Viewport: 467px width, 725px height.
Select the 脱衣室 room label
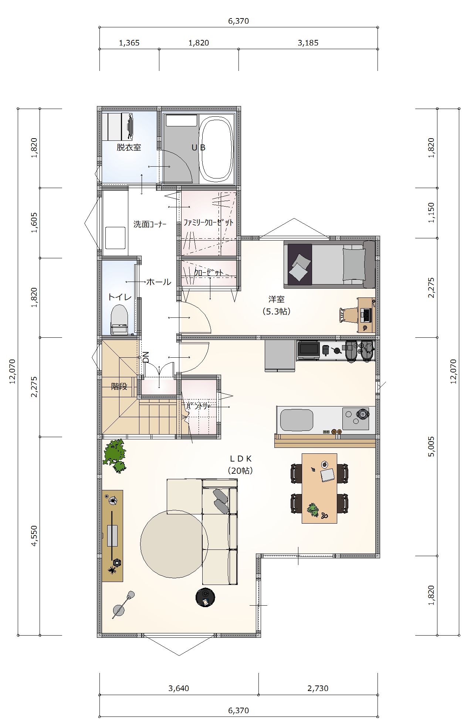coord(129,147)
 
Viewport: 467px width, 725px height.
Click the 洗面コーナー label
coord(150,224)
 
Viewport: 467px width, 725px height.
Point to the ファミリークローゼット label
coord(209,222)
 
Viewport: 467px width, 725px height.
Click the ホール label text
coord(159,282)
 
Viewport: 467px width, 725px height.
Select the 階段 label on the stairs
coord(119,387)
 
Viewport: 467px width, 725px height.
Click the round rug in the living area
coord(174,544)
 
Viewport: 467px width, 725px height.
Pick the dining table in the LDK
coord(319,488)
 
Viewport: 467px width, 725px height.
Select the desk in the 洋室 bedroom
coord(366,315)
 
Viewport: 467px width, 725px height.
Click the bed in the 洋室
coord(329,264)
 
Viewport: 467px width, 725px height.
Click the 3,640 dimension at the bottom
coord(179,688)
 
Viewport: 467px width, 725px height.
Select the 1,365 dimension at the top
coord(129,43)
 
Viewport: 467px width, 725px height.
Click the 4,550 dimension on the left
coord(34,536)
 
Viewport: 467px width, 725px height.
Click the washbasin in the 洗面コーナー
coord(115,238)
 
